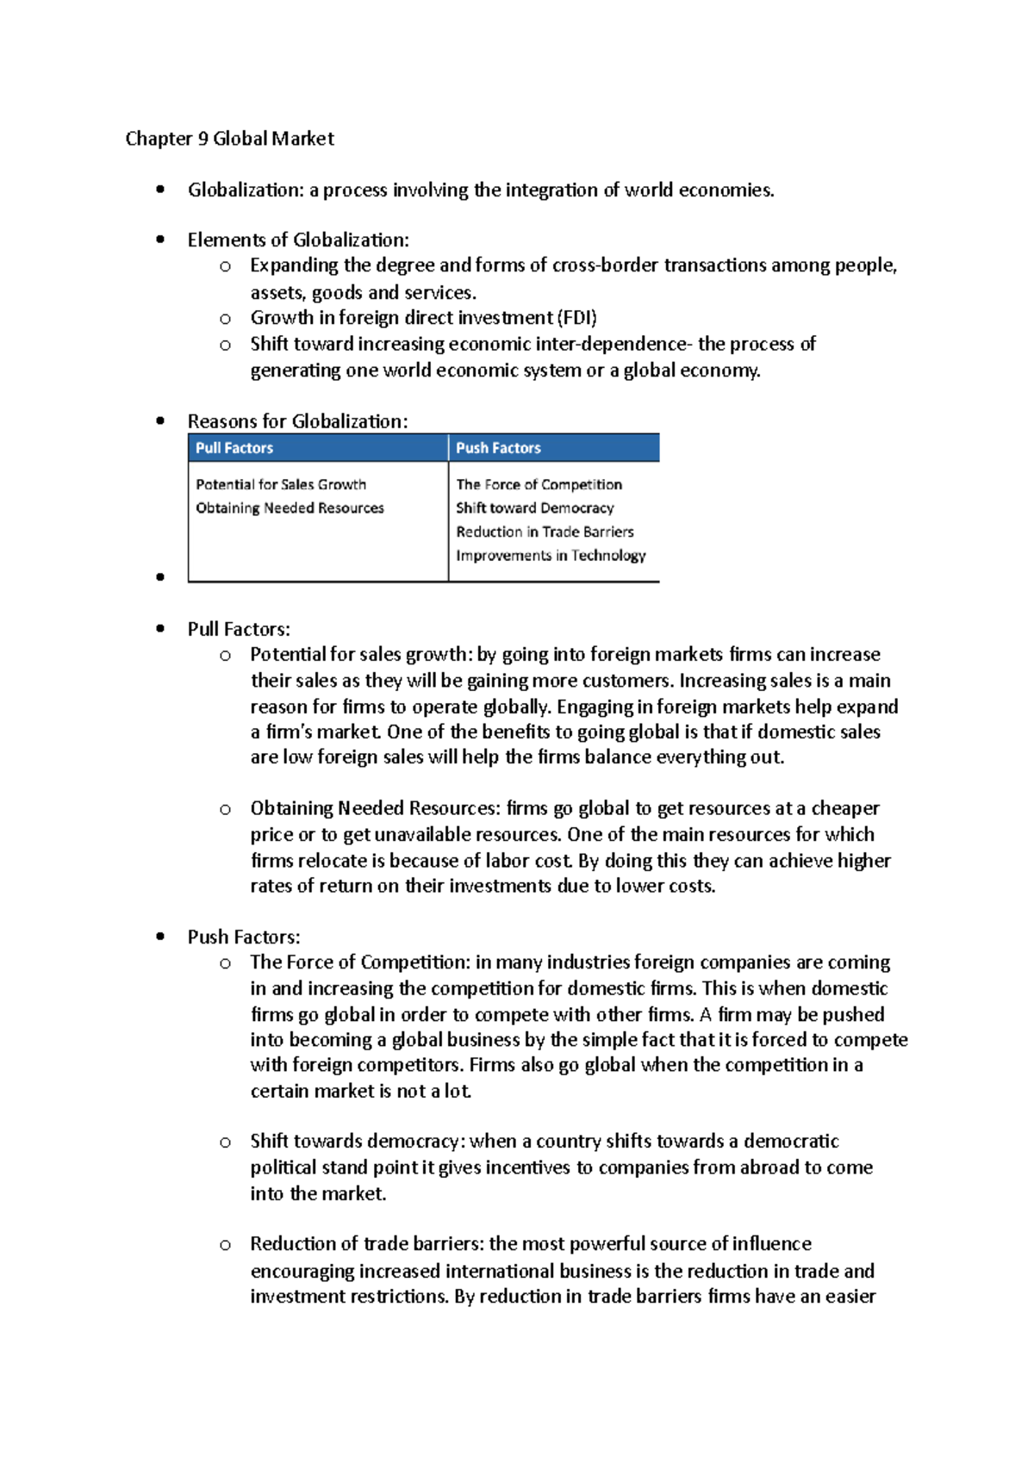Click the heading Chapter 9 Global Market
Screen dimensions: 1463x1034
click(x=229, y=139)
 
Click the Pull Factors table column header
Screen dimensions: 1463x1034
click(x=234, y=448)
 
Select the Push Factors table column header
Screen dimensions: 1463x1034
click(x=498, y=448)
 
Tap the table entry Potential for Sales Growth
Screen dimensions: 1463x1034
click(x=281, y=484)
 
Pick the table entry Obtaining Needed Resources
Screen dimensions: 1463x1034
click(x=290, y=508)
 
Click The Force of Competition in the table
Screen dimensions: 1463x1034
click(x=539, y=484)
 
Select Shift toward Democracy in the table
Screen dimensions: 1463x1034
click(x=534, y=508)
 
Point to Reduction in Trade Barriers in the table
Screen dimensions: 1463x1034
click(x=545, y=532)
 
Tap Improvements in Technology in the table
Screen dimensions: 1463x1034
click(x=551, y=556)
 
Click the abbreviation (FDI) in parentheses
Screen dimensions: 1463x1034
click(x=577, y=318)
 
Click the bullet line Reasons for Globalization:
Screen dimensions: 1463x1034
click(x=297, y=421)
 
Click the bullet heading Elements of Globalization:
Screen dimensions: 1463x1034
click(x=298, y=240)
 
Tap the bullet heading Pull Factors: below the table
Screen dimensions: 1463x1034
click(x=239, y=629)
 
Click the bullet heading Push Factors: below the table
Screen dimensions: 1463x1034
click(x=244, y=937)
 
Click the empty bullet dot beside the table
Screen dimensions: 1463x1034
click(x=160, y=577)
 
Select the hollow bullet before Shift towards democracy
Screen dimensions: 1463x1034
click(x=225, y=1142)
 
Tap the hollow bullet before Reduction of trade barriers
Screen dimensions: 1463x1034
click(x=225, y=1245)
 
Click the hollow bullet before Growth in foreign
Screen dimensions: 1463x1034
click(x=225, y=319)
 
